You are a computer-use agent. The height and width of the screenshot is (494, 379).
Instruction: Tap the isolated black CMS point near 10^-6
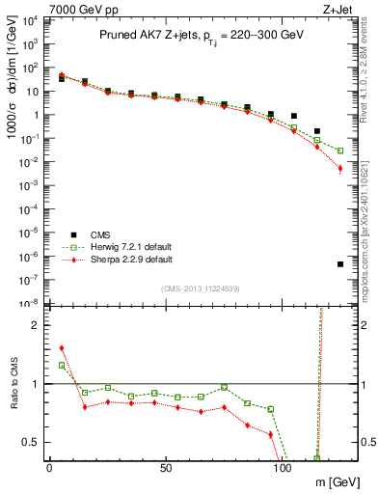coord(340,264)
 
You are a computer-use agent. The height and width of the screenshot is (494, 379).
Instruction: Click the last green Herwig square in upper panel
coord(340,151)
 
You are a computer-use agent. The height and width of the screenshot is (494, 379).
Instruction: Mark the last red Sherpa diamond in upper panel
coord(340,169)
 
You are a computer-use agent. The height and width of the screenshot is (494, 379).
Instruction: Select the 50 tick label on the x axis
coord(166,469)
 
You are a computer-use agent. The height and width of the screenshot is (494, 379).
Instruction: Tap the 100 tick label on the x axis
coord(283,469)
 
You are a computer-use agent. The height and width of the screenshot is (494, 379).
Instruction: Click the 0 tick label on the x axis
coord(49,469)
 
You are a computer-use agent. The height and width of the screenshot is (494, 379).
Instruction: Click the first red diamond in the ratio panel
coord(62,348)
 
